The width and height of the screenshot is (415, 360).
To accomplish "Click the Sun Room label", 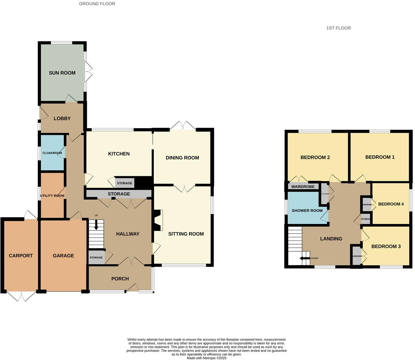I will click(62, 73).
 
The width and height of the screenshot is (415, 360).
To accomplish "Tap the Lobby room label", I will click(62, 119).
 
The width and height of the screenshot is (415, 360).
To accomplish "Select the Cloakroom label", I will click(52, 153).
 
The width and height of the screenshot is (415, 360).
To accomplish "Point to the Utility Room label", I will click(52, 196).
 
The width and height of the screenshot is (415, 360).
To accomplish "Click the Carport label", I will click(21, 256).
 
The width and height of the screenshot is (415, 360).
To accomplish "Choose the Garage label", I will click(63, 256).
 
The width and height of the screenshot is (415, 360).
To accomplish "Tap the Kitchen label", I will click(119, 154).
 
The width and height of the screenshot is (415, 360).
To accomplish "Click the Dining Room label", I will click(182, 158).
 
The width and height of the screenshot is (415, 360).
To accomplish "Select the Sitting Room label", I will click(186, 234).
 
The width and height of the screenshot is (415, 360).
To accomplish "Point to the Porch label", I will click(120, 279).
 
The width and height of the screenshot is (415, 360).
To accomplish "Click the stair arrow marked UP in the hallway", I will click(96, 225).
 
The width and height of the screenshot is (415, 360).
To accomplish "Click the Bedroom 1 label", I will click(380, 157).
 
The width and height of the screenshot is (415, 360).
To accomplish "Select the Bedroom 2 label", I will click(315, 157).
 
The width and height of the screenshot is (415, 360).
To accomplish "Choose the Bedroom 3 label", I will click(386, 246).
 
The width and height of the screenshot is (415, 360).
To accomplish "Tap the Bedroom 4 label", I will click(391, 204).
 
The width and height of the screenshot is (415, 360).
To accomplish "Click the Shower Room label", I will click(307, 211).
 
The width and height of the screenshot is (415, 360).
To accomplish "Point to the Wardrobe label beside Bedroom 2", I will click(303, 187).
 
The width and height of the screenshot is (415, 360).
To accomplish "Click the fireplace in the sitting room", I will click(158, 221).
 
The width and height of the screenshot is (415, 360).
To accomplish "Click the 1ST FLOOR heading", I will click(338, 28).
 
